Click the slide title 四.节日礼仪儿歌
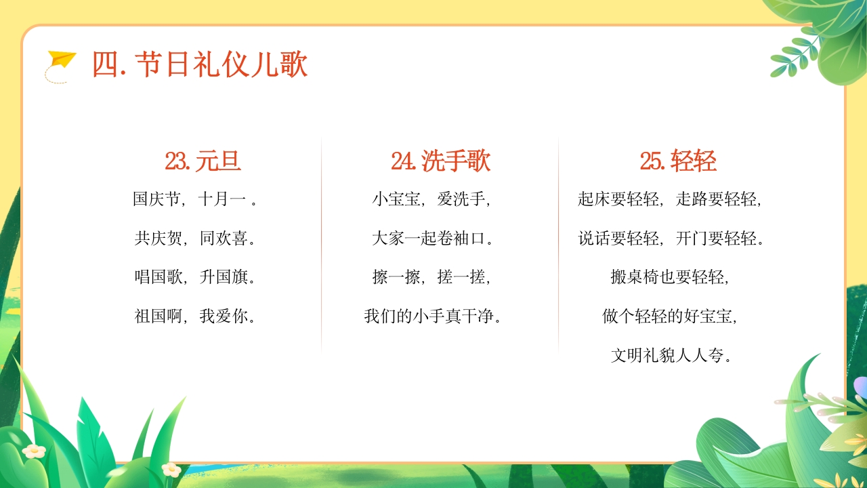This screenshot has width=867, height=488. pyautogui.click(x=200, y=65)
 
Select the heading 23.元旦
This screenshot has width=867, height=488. pyautogui.click(x=203, y=161)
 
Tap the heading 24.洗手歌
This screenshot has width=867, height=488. pyautogui.click(x=440, y=161)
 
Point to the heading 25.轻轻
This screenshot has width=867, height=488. pyautogui.click(x=678, y=161)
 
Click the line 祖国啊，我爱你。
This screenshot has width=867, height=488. pyautogui.click(x=195, y=316)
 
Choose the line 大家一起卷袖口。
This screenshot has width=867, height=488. pyautogui.click(x=432, y=239)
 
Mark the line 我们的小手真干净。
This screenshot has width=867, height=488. pyautogui.click(x=432, y=316)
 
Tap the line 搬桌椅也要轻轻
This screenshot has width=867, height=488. pyautogui.click(x=669, y=277)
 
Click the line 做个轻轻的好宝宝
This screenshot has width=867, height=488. pyautogui.click(x=669, y=316)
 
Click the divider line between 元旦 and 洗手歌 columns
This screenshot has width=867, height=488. pyautogui.click(x=321, y=244)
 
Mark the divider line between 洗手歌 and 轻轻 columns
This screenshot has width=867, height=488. pyautogui.click(x=558, y=244)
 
